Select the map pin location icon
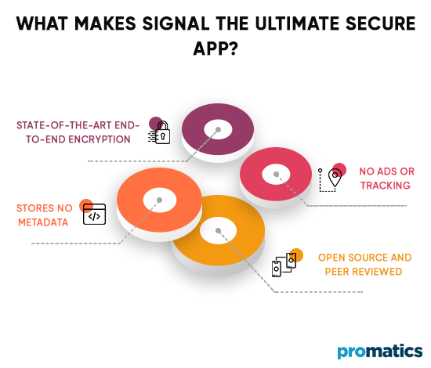tap(332, 179)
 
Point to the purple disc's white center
tap(217, 129)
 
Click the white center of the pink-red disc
tap(275, 171)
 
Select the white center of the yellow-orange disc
tap(219, 231)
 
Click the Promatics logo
tap(379, 352)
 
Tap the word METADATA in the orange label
tap(43, 222)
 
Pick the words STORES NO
tap(43, 207)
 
